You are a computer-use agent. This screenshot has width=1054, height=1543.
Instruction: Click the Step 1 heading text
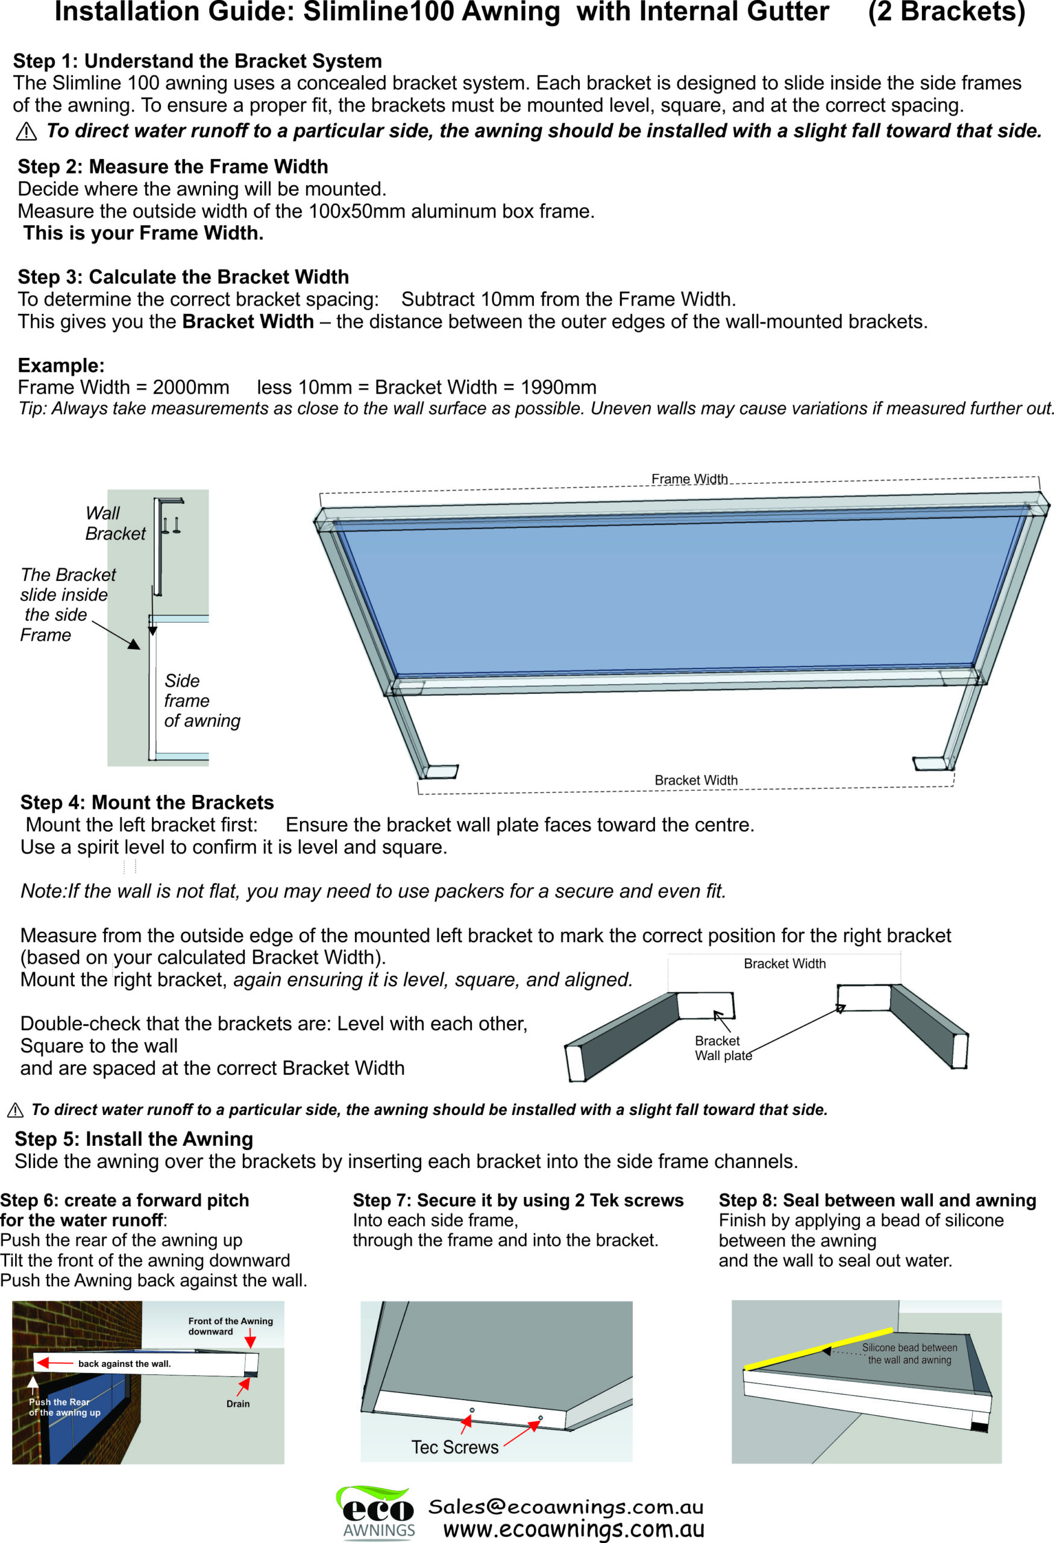[x=197, y=61]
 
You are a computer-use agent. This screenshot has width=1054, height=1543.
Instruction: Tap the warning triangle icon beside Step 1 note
[x=26, y=131]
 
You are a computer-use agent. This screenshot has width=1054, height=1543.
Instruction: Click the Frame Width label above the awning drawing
[x=689, y=479]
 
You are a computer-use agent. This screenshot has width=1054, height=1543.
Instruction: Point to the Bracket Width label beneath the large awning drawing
[x=695, y=780]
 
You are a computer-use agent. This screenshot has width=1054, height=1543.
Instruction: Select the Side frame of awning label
[x=201, y=700]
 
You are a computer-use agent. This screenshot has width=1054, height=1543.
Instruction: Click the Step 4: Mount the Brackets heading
[x=146, y=803]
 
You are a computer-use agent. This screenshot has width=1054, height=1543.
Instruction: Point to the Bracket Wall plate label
[x=722, y=1048]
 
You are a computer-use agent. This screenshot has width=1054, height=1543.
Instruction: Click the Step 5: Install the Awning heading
[x=133, y=1139]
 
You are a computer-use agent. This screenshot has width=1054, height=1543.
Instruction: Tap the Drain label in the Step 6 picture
[x=237, y=1404]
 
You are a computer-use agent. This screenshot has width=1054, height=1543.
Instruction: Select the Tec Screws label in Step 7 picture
[x=454, y=1447]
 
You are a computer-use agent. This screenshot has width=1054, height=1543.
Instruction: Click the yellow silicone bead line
[x=818, y=1349]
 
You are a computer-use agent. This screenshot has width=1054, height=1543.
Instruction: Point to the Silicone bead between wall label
[x=909, y=1354]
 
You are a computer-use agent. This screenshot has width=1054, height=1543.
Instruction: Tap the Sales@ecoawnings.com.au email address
[x=565, y=1507]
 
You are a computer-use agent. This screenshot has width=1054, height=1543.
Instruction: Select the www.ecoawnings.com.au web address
[x=574, y=1529]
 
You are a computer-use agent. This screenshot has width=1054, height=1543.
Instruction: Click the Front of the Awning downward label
[x=230, y=1326]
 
